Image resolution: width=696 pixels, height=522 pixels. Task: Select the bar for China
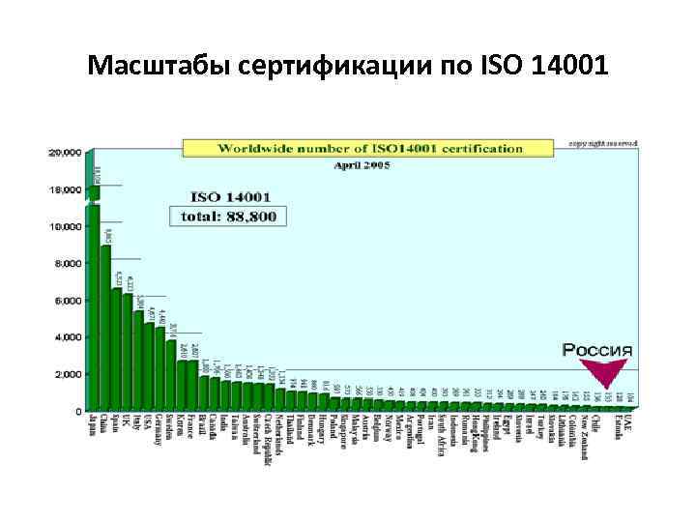(x=105, y=329)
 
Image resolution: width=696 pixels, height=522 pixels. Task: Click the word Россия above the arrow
(x=598, y=349)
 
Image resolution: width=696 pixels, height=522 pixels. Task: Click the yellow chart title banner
(x=370, y=148)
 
